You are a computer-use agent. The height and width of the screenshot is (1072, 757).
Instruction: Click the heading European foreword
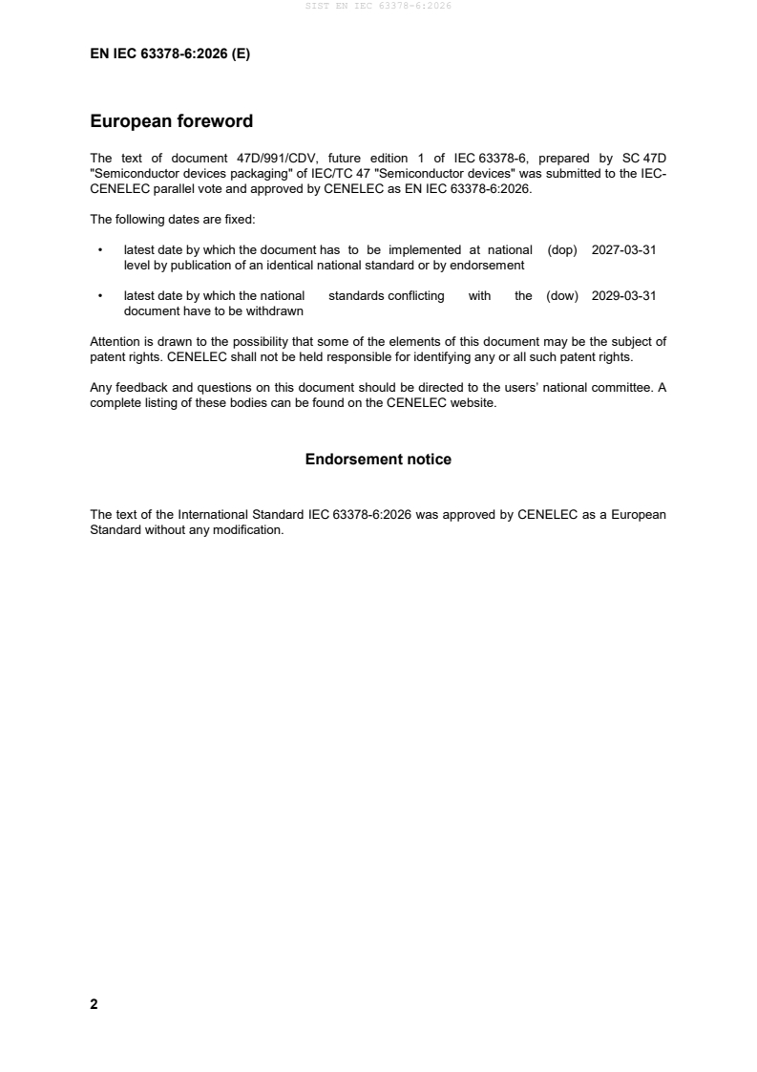[171, 121]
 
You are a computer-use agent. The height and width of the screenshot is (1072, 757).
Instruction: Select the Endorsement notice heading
[378, 460]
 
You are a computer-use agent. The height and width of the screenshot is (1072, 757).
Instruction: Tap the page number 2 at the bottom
[94, 1004]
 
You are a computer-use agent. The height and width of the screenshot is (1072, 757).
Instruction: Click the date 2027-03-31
[623, 249]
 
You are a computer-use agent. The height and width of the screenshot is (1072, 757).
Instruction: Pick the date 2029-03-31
[623, 296]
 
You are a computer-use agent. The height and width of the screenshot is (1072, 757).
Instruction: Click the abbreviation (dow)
[562, 296]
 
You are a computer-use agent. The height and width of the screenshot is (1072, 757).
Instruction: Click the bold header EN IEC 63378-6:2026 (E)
[170, 54]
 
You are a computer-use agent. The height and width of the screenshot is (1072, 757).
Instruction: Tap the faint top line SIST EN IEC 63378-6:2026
[378, 6]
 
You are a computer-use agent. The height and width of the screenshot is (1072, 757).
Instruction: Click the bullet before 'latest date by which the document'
[100, 250]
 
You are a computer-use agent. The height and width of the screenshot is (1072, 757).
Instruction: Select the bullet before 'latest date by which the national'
[100, 297]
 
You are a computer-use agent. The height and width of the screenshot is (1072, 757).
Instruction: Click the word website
[472, 402]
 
